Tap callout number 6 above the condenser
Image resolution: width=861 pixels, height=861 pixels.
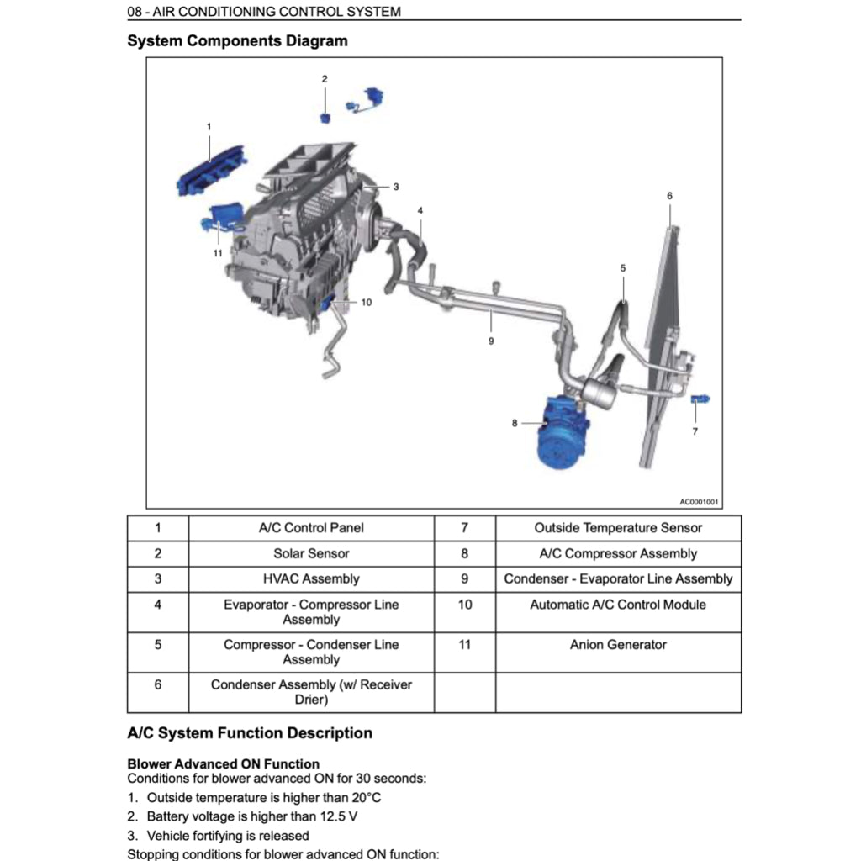(669, 196)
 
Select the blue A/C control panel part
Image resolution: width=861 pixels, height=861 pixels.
(212, 168)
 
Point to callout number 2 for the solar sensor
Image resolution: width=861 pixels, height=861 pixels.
(325, 79)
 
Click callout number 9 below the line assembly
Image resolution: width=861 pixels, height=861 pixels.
(491, 341)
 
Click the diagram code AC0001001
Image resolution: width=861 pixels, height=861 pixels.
(699, 502)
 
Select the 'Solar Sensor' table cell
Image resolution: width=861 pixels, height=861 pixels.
(311, 553)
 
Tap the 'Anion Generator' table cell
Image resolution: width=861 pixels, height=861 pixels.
(618, 645)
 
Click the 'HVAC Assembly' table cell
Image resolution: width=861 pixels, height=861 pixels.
(311, 578)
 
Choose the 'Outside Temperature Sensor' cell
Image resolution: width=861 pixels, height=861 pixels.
(618, 528)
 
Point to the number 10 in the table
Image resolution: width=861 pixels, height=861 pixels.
(465, 605)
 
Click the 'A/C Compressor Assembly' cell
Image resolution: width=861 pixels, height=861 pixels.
(618, 553)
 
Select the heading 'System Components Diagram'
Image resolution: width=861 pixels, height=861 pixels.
(237, 40)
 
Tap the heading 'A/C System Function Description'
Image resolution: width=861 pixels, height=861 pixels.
(250, 733)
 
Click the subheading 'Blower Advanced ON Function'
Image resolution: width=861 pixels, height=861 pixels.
(223, 764)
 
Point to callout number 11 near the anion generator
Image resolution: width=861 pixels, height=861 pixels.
(217, 253)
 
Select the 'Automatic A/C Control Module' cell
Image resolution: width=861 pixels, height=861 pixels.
(618, 605)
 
